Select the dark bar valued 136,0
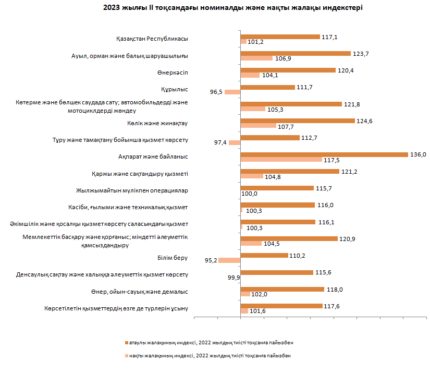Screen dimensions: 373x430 click(x=324, y=154)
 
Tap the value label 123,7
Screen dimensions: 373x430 click(x=360, y=53)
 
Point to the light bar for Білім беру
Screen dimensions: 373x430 click(x=229, y=260)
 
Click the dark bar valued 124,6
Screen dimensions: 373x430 click(x=298, y=121)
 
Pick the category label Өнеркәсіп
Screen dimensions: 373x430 click(x=172, y=73)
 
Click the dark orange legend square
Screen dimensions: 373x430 click(x=126, y=342)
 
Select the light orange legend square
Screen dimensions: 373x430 click(x=126, y=355)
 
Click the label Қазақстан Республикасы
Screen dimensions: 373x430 click(x=152, y=39)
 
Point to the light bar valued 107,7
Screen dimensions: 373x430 click(x=258, y=126)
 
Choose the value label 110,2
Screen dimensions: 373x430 click(x=298, y=255)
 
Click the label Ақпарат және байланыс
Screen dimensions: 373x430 click(x=153, y=157)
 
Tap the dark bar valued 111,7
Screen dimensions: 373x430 click(x=267, y=87)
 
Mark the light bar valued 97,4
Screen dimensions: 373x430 click(x=235, y=142)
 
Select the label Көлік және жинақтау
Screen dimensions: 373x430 click(x=157, y=123)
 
